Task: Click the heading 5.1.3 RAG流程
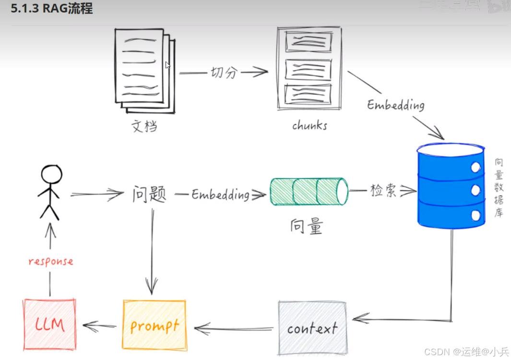click(x=52, y=9)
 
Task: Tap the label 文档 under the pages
click(x=144, y=127)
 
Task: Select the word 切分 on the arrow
click(x=224, y=73)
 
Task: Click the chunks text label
click(x=309, y=126)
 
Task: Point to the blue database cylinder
click(x=450, y=185)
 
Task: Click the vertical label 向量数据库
click(x=499, y=187)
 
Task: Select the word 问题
click(x=149, y=194)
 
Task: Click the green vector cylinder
click(x=309, y=192)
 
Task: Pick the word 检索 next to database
click(x=383, y=191)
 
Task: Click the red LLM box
click(x=50, y=324)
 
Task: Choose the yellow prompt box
click(x=154, y=325)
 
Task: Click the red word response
click(x=51, y=262)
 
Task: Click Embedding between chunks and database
click(x=396, y=105)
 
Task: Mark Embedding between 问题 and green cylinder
click(x=220, y=194)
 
